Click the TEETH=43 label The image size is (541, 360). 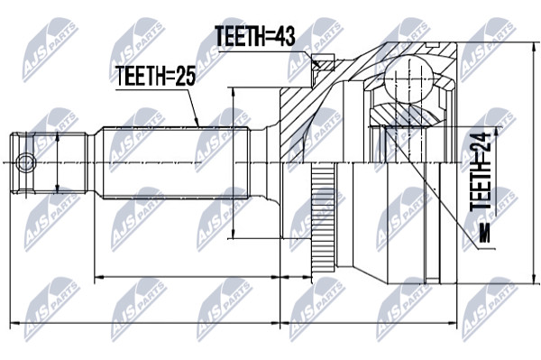254,36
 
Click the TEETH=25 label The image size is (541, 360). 156,76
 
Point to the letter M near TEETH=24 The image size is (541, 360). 484,233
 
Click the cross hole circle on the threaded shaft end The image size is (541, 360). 26,162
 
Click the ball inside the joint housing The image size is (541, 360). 408,78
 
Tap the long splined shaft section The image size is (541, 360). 175,162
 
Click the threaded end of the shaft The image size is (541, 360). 48,162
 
